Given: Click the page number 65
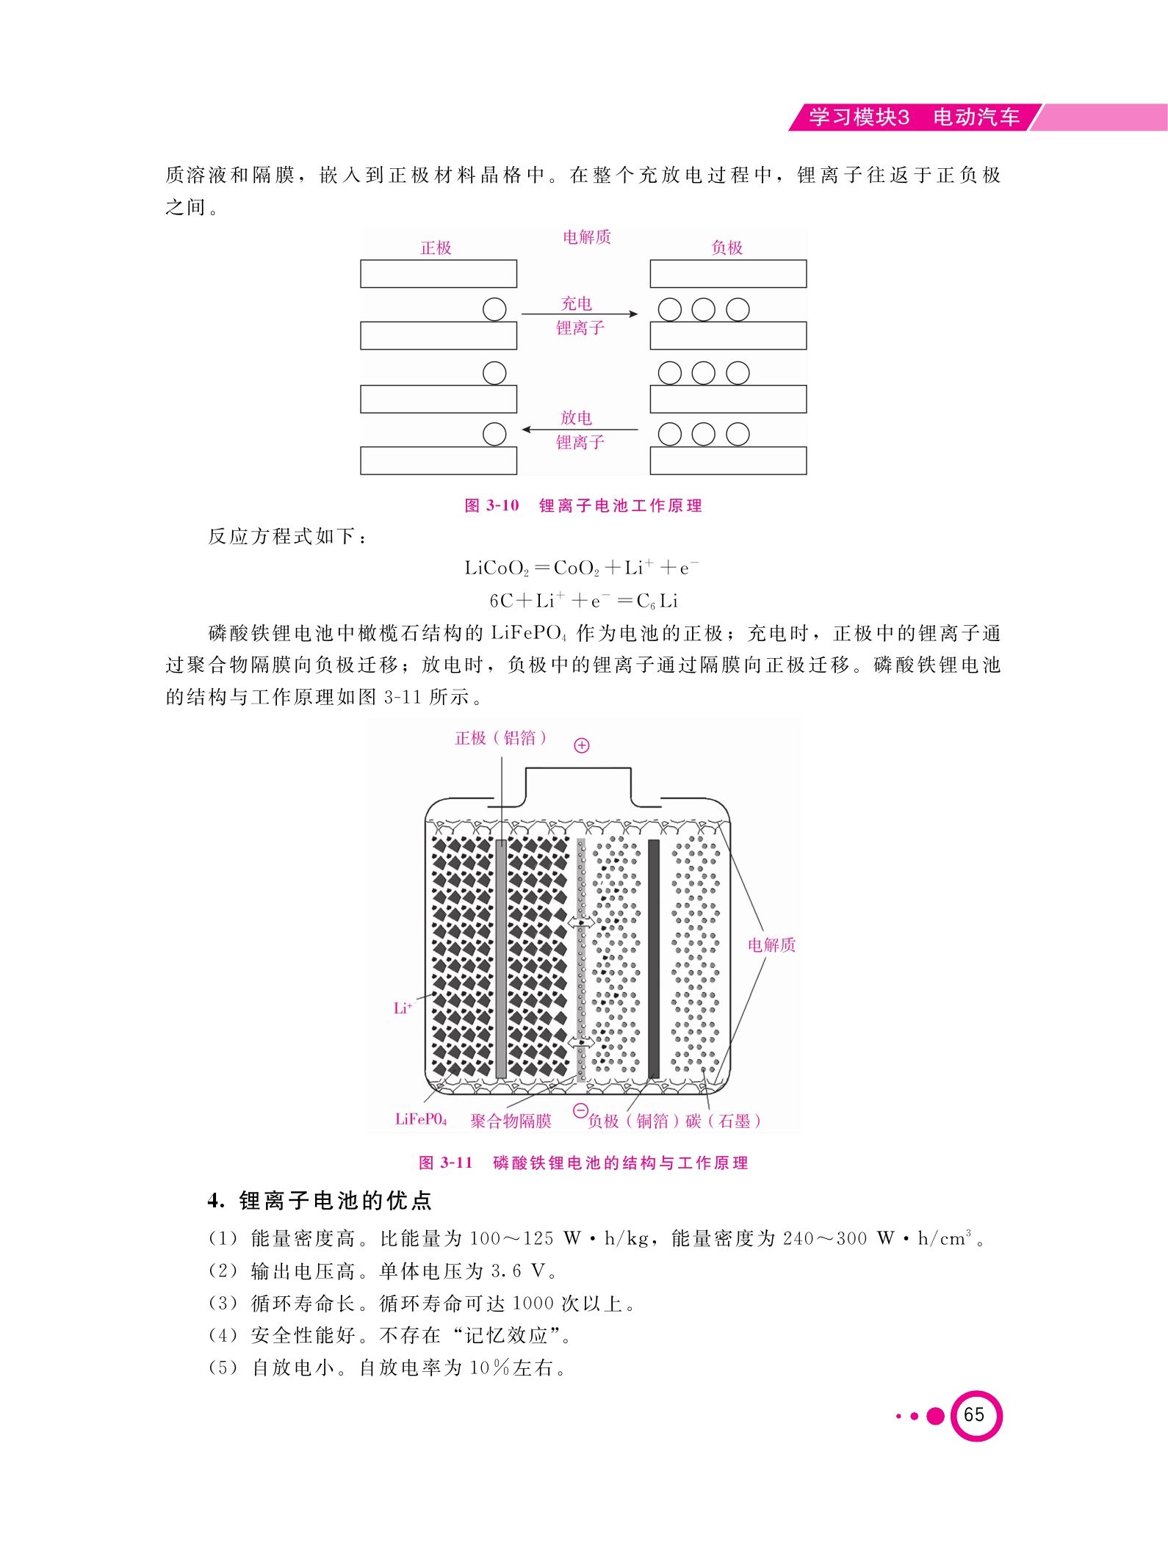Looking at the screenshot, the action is point(974,1414).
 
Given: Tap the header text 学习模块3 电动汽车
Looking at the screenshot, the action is point(915,118).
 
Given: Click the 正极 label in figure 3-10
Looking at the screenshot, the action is point(436,247).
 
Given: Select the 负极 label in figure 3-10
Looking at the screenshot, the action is point(727,247).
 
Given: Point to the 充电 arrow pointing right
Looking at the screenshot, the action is point(580,314).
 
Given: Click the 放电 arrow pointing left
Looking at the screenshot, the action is point(580,429).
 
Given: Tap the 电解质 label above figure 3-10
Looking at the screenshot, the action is point(586,236).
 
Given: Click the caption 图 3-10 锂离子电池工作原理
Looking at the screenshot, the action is point(583,505).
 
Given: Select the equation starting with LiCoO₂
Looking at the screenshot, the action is point(581,568).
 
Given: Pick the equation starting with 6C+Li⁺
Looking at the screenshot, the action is point(583,601).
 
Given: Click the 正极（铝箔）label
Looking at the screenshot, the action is point(501,738).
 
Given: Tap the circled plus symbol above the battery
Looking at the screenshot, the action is point(582,745).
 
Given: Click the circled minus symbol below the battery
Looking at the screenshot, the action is point(580,1110).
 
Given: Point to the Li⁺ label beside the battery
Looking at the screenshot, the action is point(403,1008).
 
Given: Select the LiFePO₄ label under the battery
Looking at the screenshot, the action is point(421,1119).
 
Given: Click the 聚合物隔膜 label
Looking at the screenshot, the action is point(511,1121).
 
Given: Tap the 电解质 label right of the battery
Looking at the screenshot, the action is point(771,944).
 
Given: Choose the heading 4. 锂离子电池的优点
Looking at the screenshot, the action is point(320,1201).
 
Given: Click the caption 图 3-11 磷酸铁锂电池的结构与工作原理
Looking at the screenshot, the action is point(583,1163).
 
